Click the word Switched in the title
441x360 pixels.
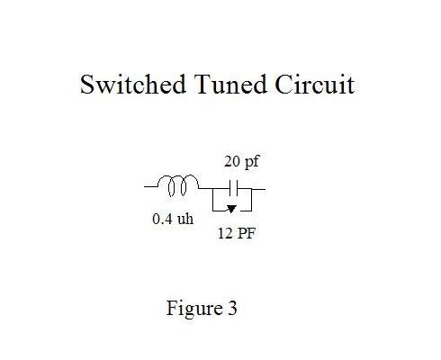coord(133,85)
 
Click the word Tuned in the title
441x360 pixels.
coord(230,85)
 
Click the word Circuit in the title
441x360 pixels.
coord(315,85)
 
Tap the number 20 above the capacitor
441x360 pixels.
coord(232,161)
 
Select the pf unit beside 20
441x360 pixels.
coord(251,162)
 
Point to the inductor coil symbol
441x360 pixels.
coord(177,185)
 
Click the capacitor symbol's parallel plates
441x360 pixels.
coord(233,188)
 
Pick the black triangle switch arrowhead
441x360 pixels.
coord(231,209)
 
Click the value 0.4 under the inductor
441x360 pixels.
coord(162,219)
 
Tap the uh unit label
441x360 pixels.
coord(185,219)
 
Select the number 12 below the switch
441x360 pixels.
coord(225,233)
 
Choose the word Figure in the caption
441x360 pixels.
coord(194,309)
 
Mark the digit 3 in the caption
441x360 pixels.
coord(232,309)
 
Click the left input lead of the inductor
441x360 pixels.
coord(151,186)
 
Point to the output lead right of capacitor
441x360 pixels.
coord(258,189)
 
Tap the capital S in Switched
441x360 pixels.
coord(87,85)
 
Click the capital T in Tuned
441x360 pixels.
coord(202,85)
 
